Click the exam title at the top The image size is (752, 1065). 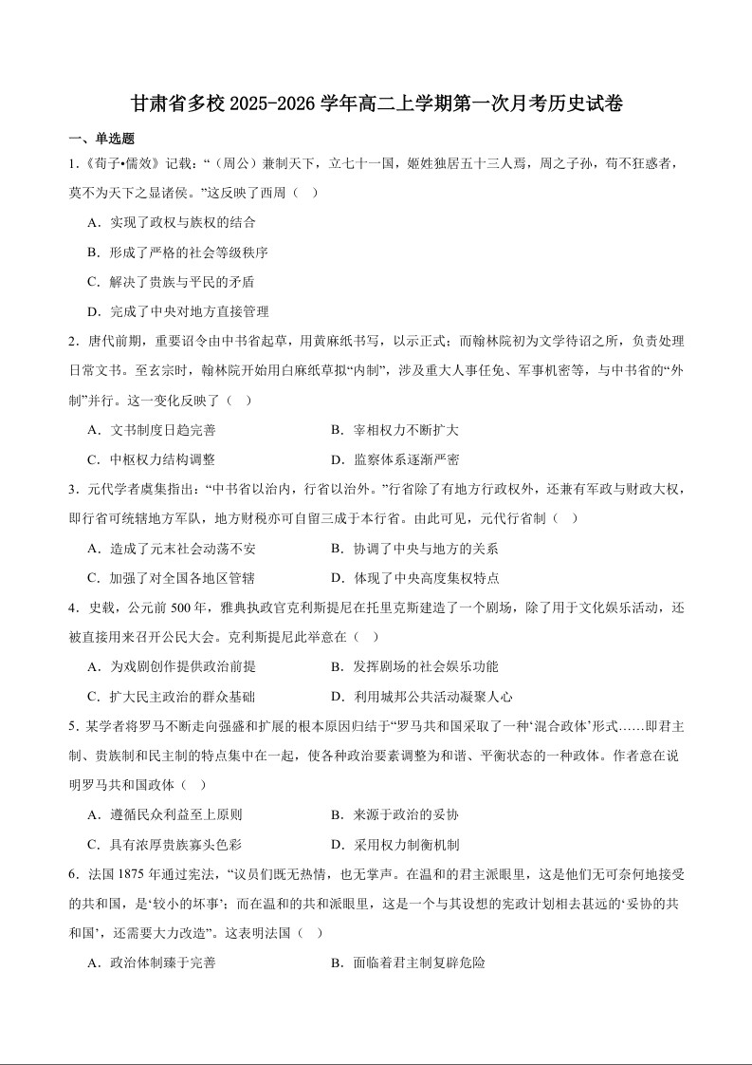[376, 104]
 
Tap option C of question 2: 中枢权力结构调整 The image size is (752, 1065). [151, 459]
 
